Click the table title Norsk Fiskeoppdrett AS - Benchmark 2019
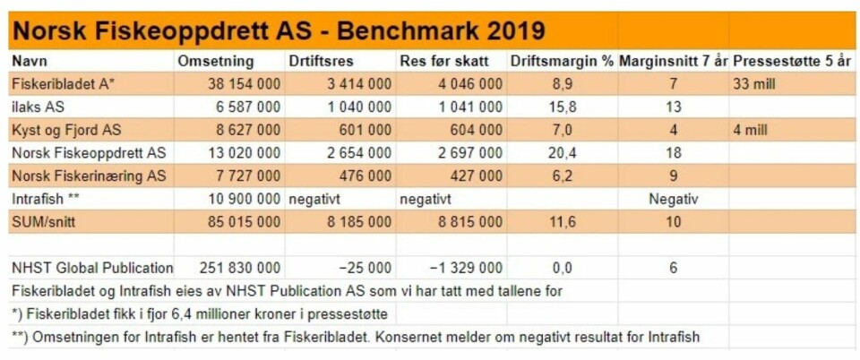tap(278, 30)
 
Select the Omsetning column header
tap(216, 62)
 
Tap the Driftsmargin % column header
tap(562, 62)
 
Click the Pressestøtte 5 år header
tap(792, 62)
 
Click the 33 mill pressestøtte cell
tap(754, 84)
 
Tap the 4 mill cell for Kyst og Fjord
tap(751, 130)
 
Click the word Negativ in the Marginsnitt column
tap(673, 198)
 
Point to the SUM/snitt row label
tap(44, 221)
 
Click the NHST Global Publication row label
tap(92, 267)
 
